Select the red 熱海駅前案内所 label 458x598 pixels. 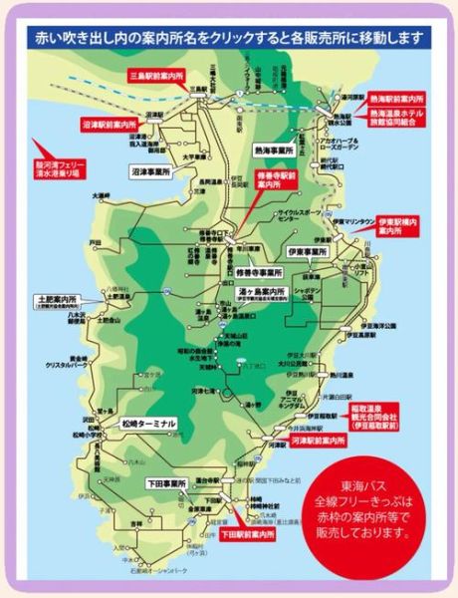[x=396, y=101]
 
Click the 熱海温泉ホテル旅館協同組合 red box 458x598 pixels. [x=396, y=125]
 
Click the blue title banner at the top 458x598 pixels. [x=228, y=39]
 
